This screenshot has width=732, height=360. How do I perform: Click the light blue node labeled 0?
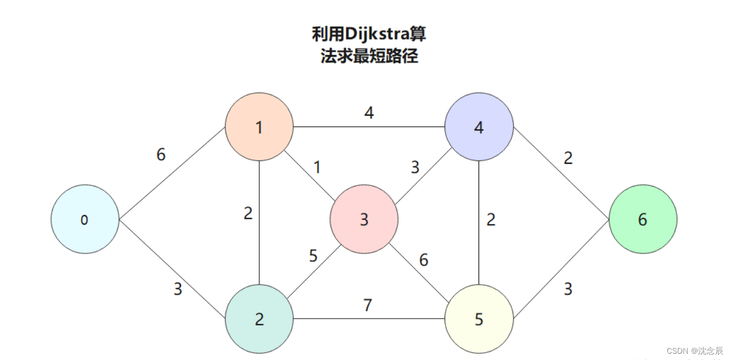pyautogui.click(x=85, y=219)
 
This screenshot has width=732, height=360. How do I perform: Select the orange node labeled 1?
pyautogui.click(x=259, y=127)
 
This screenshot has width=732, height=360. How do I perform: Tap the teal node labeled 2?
pyautogui.click(x=259, y=319)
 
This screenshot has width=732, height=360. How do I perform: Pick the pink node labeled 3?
pyautogui.click(x=364, y=219)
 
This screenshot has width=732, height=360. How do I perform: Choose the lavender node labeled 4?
pyautogui.click(x=479, y=127)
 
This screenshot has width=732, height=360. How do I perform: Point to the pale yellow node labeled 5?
pyautogui.click(x=479, y=319)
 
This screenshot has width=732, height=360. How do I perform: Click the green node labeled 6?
pyautogui.click(x=642, y=219)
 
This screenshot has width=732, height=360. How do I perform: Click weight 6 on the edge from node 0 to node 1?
pyautogui.click(x=162, y=154)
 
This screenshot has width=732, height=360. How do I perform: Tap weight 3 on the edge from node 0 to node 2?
pyautogui.click(x=178, y=289)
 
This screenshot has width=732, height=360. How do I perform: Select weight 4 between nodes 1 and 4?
pyautogui.click(x=369, y=113)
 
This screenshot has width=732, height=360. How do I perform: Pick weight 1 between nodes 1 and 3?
pyautogui.click(x=317, y=167)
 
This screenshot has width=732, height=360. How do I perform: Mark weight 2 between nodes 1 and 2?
pyautogui.click(x=248, y=214)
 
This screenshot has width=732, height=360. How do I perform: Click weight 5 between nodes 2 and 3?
pyautogui.click(x=313, y=256)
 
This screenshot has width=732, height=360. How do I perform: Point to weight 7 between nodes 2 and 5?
pyautogui.click(x=367, y=306)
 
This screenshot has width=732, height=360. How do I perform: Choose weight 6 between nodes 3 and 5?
pyautogui.click(x=424, y=260)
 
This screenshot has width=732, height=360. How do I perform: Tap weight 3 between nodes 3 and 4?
pyautogui.click(x=415, y=167)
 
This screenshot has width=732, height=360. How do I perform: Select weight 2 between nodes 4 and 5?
pyautogui.click(x=491, y=219)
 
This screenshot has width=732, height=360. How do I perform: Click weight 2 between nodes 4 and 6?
pyautogui.click(x=568, y=158)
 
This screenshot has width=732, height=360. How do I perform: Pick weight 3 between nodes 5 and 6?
pyautogui.click(x=568, y=289)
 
